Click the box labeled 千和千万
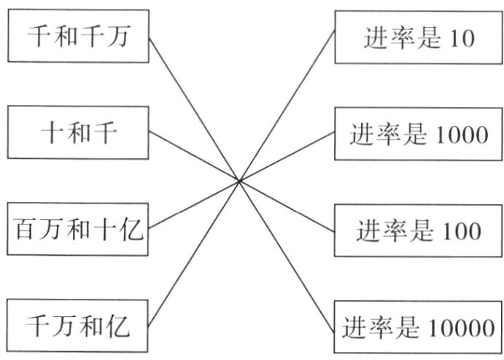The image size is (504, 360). click(78, 36)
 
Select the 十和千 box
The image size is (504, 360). click(78, 133)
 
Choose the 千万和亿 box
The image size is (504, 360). click(78, 326)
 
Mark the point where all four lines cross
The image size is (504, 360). click(239, 181)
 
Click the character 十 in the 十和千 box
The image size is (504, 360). click(49, 133)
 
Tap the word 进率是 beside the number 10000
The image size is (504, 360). click(379, 328)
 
